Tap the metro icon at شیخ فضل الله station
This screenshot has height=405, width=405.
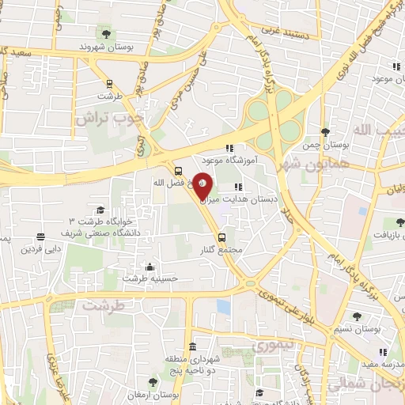[178, 170]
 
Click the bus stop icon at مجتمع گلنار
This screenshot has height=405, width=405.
[221, 237]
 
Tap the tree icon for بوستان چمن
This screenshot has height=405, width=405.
[324, 132]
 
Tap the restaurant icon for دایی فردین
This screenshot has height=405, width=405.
[40, 237]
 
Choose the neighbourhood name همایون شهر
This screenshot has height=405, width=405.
[305, 164]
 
